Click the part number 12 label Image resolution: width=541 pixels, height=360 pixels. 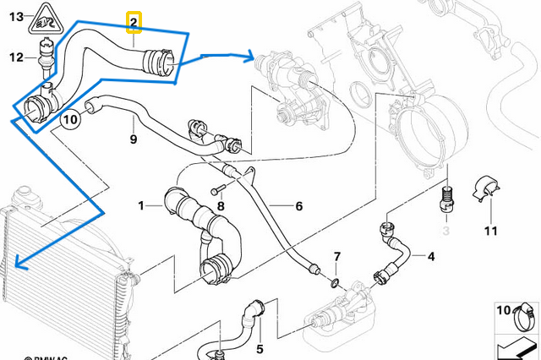[x=16, y=57]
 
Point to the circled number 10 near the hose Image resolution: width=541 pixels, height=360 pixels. [x=70, y=119]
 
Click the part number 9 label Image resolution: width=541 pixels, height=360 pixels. [x=133, y=138]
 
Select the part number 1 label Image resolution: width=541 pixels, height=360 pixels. [x=143, y=205]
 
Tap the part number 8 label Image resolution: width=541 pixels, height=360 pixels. [x=221, y=205]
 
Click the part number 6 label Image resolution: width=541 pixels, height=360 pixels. [x=298, y=205]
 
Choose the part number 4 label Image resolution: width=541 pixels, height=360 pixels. [x=431, y=256]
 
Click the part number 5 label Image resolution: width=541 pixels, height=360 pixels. [x=260, y=348]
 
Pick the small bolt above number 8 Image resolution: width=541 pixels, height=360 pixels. [x=221, y=188]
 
